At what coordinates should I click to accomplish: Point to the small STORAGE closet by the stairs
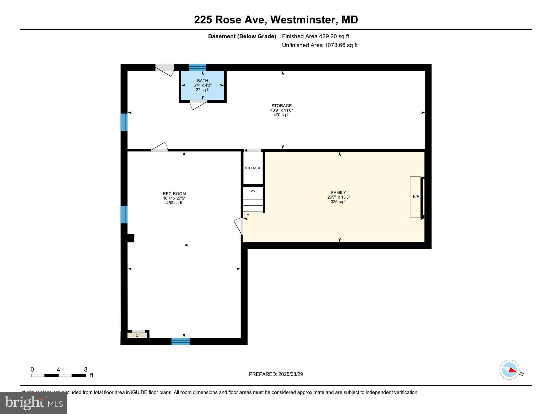pyautogui.click(x=253, y=168)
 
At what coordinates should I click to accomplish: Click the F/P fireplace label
pyautogui.click(x=416, y=197)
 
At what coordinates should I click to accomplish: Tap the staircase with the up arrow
pyautogui.click(x=253, y=199)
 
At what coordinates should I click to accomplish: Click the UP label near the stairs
pyautogui.click(x=246, y=216)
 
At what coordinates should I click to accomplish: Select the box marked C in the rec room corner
pyautogui.click(x=137, y=335)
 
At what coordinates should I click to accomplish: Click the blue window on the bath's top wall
pyautogui.click(x=198, y=67)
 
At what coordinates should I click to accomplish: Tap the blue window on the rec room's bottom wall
pyautogui.click(x=181, y=341)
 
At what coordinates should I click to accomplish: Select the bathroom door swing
pyautogui.click(x=198, y=105)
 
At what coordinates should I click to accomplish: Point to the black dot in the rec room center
pyautogui.click(x=187, y=245)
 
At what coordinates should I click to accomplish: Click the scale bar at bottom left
pyautogui.click(x=58, y=375)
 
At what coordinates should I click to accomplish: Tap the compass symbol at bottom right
pyautogui.click(x=509, y=370)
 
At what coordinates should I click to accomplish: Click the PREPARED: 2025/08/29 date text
pyautogui.click(x=276, y=374)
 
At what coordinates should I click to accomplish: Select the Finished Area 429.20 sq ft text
pyautogui.click(x=315, y=36)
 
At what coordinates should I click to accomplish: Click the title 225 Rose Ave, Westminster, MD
pyautogui.click(x=276, y=20)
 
